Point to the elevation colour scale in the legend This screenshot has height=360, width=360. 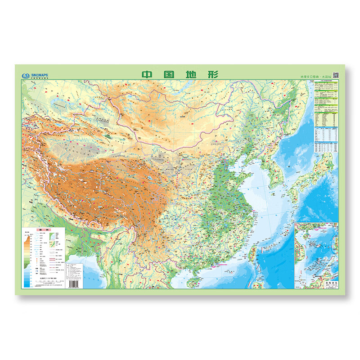pos(27,259)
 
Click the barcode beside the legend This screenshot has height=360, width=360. pos(72,284)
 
